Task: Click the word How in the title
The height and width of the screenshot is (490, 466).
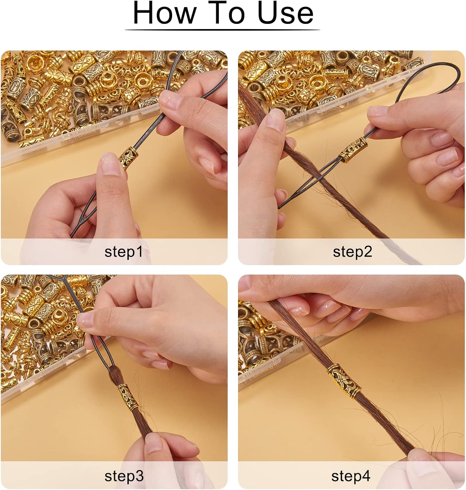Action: coord(165,13)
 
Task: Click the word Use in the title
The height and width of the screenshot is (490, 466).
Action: coord(285,13)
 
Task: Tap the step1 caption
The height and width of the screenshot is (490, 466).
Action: coord(123,252)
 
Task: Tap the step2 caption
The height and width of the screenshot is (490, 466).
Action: coord(352,252)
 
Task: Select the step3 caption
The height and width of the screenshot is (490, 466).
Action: coord(124,476)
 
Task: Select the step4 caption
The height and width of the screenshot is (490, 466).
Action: coord(351,476)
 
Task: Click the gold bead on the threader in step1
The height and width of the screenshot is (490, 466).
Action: coord(128,158)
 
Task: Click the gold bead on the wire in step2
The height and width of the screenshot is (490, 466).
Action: coord(353,150)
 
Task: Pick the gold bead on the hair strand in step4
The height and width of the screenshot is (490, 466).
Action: coord(344,380)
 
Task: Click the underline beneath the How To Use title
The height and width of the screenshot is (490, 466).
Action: coord(222,30)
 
